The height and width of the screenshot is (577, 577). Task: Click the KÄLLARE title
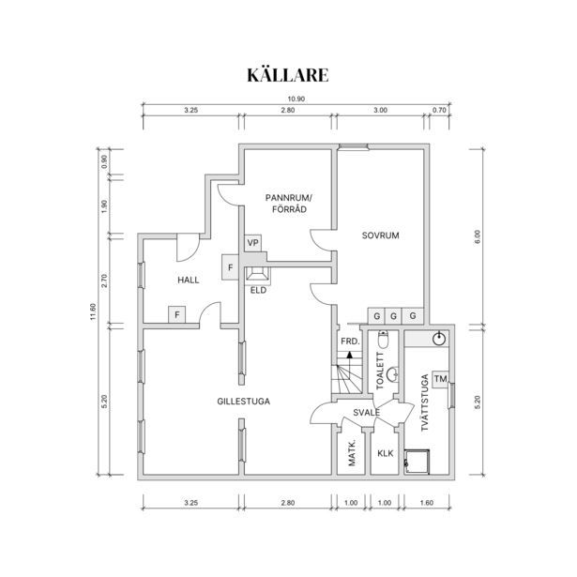(x=288, y=75)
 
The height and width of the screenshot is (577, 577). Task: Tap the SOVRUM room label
(x=381, y=235)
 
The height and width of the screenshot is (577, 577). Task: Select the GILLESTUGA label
(x=244, y=402)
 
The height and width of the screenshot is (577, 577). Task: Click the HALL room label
(x=189, y=280)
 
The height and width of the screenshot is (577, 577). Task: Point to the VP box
(x=252, y=243)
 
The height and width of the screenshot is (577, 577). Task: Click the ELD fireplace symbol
(x=258, y=275)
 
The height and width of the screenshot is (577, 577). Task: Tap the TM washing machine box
(x=440, y=379)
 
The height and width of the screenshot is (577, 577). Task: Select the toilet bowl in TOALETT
(x=383, y=340)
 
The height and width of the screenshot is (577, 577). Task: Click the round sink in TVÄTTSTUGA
(x=439, y=338)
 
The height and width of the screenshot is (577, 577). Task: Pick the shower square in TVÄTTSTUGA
(x=417, y=462)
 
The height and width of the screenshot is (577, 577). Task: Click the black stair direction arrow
(x=350, y=355)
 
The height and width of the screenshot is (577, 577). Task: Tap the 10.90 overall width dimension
(x=296, y=99)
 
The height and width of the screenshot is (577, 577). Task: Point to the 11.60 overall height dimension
(x=93, y=311)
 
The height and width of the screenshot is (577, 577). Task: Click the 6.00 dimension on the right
(x=478, y=237)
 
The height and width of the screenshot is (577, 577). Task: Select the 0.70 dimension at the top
(x=439, y=110)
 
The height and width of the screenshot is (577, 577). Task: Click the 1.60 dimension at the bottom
(x=427, y=503)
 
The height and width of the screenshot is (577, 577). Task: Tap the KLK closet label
(x=386, y=453)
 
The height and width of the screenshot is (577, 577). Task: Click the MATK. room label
(x=352, y=452)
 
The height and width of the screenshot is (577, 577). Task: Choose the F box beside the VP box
(x=231, y=267)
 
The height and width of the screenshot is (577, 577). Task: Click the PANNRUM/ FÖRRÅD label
(x=289, y=204)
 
